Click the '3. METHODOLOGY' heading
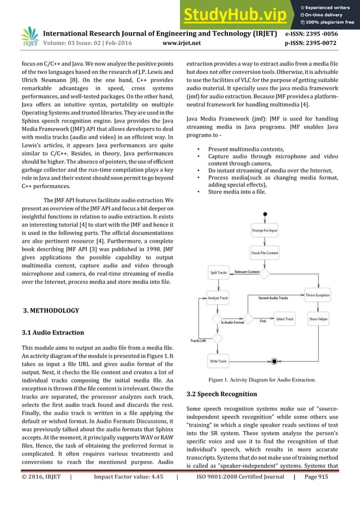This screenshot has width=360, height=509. (50, 310)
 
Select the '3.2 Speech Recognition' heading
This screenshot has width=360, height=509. (221, 393)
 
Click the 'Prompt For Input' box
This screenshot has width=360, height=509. (264, 230)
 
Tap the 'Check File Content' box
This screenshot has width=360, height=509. (264, 253)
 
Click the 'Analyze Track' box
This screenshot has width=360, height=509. (217, 297)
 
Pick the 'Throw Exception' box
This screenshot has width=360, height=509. (317, 295)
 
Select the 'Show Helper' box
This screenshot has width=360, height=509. (317, 319)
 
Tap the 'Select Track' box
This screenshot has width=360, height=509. (284, 319)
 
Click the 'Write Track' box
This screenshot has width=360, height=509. (218, 361)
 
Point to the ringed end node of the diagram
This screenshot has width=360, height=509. (274, 361)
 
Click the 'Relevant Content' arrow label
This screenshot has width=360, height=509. (247, 272)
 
